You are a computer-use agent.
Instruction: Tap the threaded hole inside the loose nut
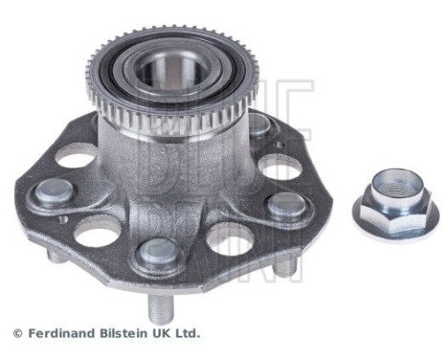393,188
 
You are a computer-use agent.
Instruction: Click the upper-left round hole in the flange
77,154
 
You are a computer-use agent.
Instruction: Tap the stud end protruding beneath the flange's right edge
285,269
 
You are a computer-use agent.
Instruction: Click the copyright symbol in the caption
16,334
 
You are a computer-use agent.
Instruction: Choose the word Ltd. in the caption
189,334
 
